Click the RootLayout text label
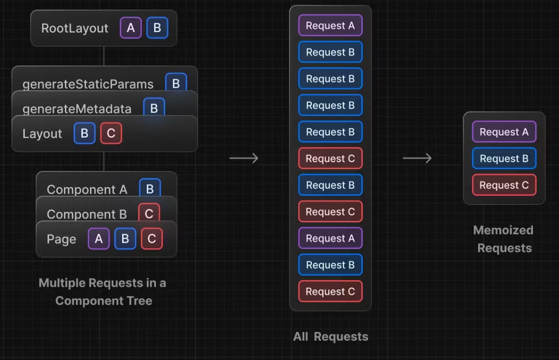(x=75, y=28)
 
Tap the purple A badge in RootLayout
(x=131, y=28)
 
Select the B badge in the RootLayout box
(x=157, y=28)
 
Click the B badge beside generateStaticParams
(x=176, y=82)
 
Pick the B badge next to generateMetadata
(x=154, y=107)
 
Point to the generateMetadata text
(x=77, y=109)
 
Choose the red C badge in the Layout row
(x=111, y=133)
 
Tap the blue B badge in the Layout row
(x=84, y=133)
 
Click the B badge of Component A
(x=150, y=188)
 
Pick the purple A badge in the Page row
(x=99, y=238)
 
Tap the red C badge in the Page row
(x=152, y=238)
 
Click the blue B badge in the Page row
(x=125, y=238)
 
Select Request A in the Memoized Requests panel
(x=504, y=132)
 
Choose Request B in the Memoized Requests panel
(x=504, y=158)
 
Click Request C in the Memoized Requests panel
(x=504, y=185)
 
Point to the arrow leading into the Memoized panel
(x=417, y=158)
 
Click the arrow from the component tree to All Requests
(x=244, y=158)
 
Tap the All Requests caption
(x=330, y=336)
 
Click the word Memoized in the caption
(x=503, y=230)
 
